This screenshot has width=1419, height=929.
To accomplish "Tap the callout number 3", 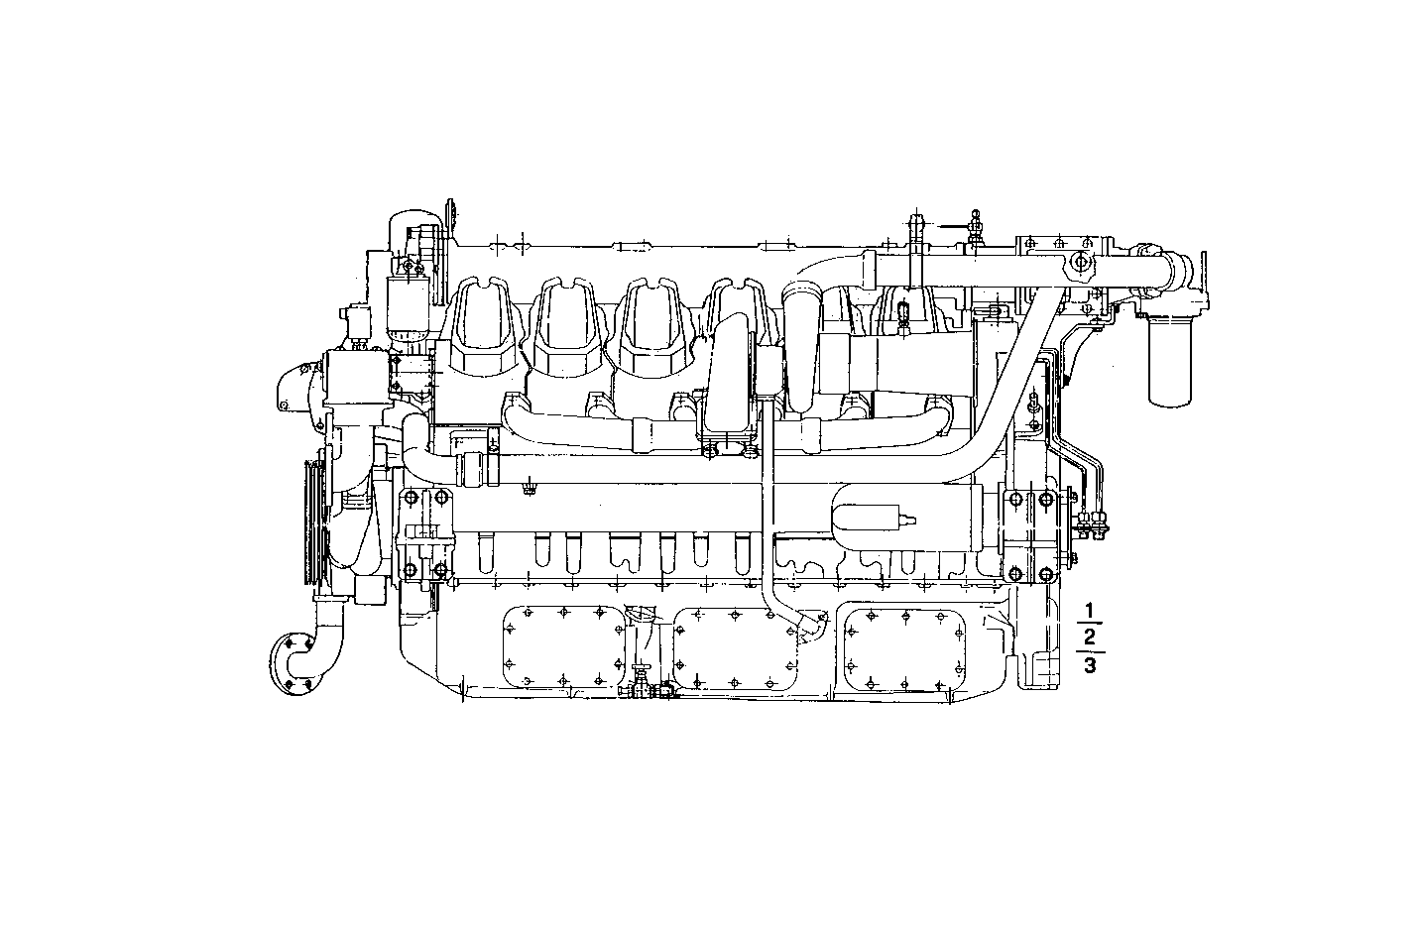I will [x=1090, y=665].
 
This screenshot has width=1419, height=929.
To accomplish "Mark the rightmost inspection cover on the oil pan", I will [x=904, y=649].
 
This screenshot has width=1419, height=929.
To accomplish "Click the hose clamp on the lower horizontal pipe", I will [x=476, y=469].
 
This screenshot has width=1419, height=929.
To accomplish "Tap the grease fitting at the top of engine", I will [x=976, y=226].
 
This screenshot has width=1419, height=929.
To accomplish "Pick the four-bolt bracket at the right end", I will [x=1031, y=535].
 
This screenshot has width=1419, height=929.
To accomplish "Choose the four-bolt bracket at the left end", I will [x=424, y=534].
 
